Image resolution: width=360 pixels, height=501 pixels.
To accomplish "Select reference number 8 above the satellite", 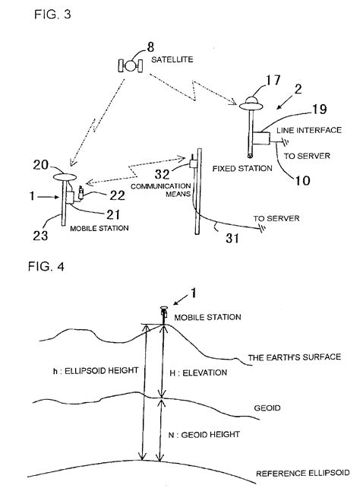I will coord(138,48).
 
